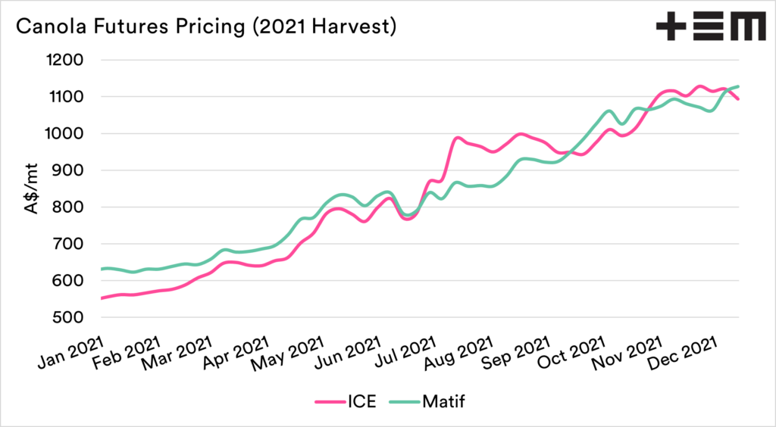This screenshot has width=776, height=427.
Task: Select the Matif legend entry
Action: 442,401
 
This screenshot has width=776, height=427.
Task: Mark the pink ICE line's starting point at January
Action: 102,298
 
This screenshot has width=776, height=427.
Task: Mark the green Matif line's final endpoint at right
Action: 739,86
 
